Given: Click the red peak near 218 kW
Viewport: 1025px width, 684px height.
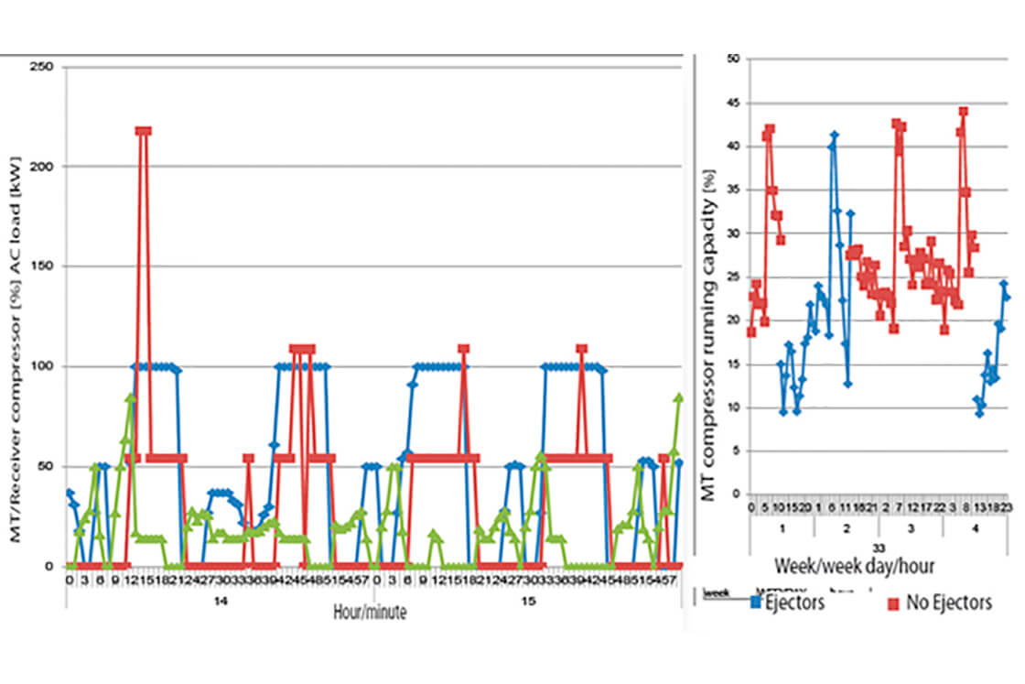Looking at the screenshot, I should coord(143,131).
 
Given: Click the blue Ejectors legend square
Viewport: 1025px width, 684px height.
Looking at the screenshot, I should coord(756,602).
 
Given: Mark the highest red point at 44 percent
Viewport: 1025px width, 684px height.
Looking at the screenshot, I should coord(964,112).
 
